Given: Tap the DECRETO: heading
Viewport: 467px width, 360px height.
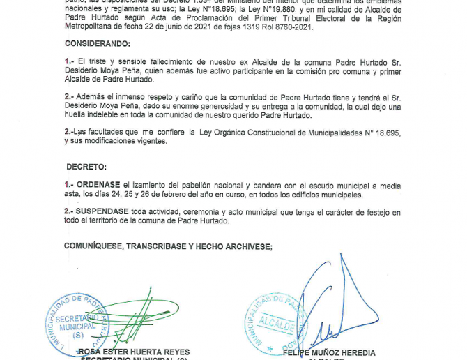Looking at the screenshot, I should [86, 167].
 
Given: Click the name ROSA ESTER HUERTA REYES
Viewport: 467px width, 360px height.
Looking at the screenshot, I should [134, 352].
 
